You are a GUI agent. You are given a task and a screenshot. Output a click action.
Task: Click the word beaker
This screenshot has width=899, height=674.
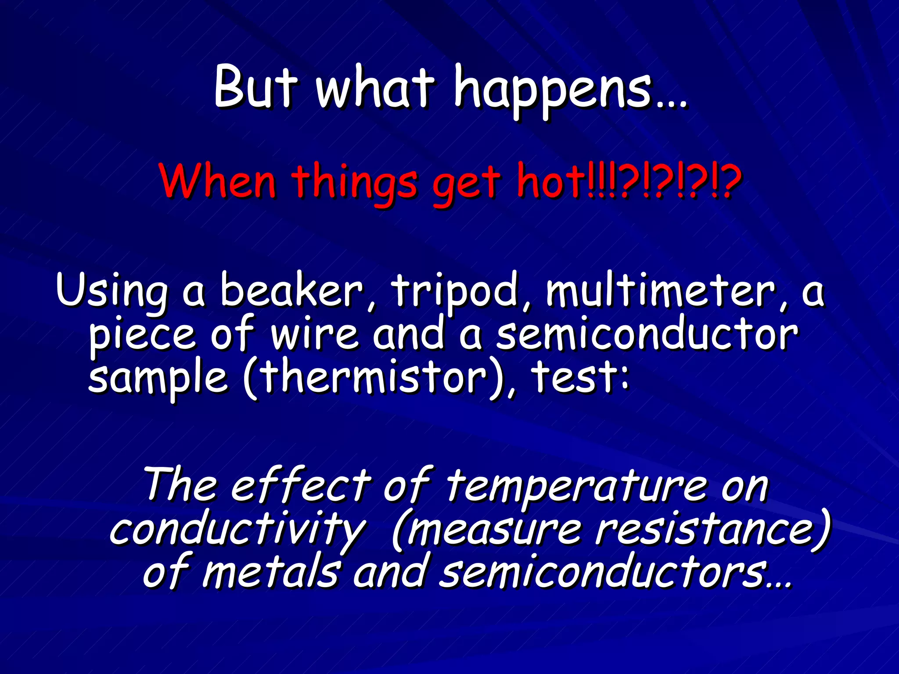coord(291,290)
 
